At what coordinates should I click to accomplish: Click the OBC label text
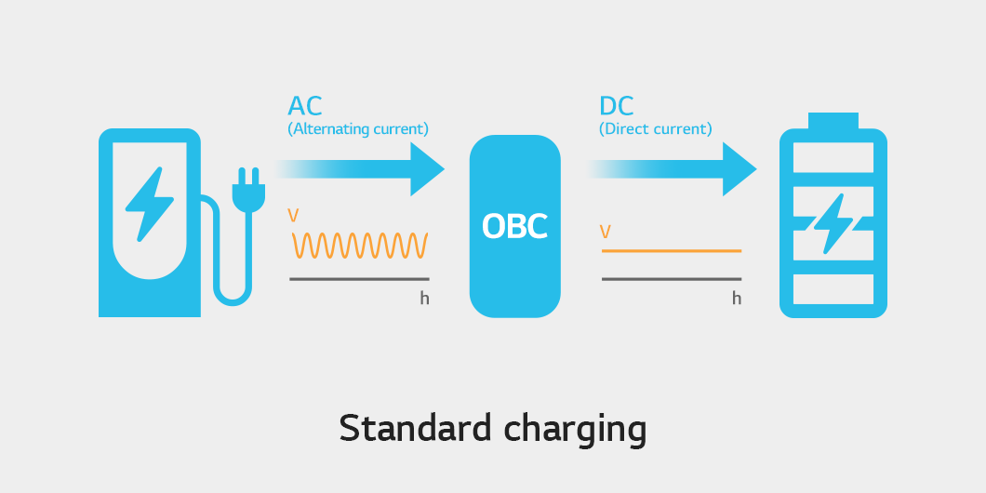pyautogui.click(x=514, y=226)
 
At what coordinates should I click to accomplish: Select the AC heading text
pyautogui.click(x=305, y=106)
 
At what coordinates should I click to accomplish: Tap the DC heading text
pyautogui.click(x=616, y=106)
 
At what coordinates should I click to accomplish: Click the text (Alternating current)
pyautogui.click(x=358, y=129)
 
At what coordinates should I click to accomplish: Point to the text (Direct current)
pyautogui.click(x=655, y=129)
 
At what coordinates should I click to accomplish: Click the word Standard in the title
pyautogui.click(x=415, y=429)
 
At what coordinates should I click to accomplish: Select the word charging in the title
pyautogui.click(x=575, y=432)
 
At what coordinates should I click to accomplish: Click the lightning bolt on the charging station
pyautogui.click(x=149, y=205)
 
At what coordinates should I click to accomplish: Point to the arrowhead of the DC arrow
pyautogui.click(x=739, y=169)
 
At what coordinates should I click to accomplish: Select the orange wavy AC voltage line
pyautogui.click(x=360, y=246)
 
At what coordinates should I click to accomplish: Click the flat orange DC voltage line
pyautogui.click(x=672, y=251)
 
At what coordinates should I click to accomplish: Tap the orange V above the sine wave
pyautogui.click(x=293, y=216)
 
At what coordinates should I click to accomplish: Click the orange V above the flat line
pyautogui.click(x=605, y=232)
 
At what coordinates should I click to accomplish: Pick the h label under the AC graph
pyautogui.click(x=424, y=298)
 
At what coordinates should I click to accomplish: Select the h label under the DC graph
pyautogui.click(x=737, y=298)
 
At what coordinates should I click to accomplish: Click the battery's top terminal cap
pyautogui.click(x=833, y=121)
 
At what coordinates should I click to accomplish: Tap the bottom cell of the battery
pyautogui.click(x=833, y=289)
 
